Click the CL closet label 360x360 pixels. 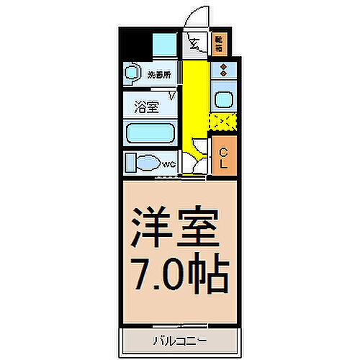pos(224,157)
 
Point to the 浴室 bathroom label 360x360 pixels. pos(146,108)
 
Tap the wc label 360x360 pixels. pos(168,165)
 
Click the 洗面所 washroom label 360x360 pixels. pos(159,73)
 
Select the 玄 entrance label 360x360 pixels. pos(194,45)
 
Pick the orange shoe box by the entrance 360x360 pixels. pos(219,45)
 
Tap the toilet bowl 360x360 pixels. pos(142,162)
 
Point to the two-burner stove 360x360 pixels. pos(223,71)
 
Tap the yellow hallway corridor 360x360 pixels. pos(192,101)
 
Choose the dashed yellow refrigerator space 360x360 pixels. pos(222,122)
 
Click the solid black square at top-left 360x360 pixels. pos(135,45)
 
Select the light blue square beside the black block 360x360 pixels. pos(164,45)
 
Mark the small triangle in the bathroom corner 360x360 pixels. pos(172,94)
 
